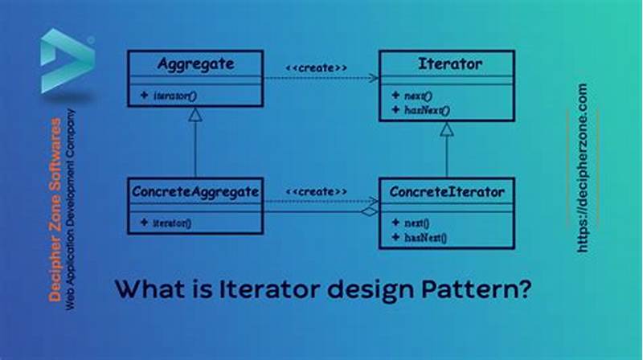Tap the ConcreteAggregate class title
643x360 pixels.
click(x=195, y=191)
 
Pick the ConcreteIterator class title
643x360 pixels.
click(x=447, y=191)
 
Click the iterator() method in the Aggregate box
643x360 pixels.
click(x=172, y=95)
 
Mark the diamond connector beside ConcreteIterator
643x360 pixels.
click(x=369, y=211)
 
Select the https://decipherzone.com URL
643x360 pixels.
click(x=583, y=169)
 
